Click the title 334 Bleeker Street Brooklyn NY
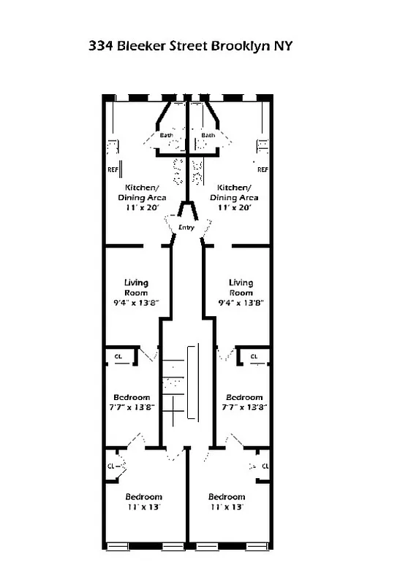191,45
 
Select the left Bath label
167,135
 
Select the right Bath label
208,135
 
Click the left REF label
113,169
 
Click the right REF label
262,169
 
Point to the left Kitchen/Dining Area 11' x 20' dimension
142,207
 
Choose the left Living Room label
136,288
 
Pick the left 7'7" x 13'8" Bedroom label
132,398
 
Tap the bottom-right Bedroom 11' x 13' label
227,502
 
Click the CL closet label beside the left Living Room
119,357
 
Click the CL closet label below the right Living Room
254,357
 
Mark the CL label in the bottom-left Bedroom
111,465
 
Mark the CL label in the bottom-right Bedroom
265,465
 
